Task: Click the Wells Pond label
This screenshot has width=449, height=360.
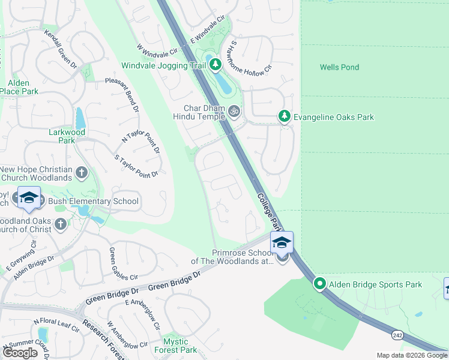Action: tap(339, 67)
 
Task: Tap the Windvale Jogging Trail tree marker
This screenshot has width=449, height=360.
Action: tap(214, 65)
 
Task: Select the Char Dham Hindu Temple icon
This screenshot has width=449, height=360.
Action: tap(234, 111)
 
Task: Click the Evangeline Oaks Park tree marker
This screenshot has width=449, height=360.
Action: tap(285, 117)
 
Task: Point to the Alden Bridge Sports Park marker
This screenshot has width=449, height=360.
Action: tap(320, 284)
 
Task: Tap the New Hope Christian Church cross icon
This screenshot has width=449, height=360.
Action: tap(82, 174)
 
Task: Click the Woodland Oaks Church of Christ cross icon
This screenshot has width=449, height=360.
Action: tap(59, 224)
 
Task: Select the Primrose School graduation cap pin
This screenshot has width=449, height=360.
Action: tap(281, 242)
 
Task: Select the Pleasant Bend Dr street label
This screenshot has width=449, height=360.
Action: tap(122, 95)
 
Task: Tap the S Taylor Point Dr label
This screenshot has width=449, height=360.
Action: tap(136, 166)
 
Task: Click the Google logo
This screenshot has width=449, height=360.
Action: tap(20, 352)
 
